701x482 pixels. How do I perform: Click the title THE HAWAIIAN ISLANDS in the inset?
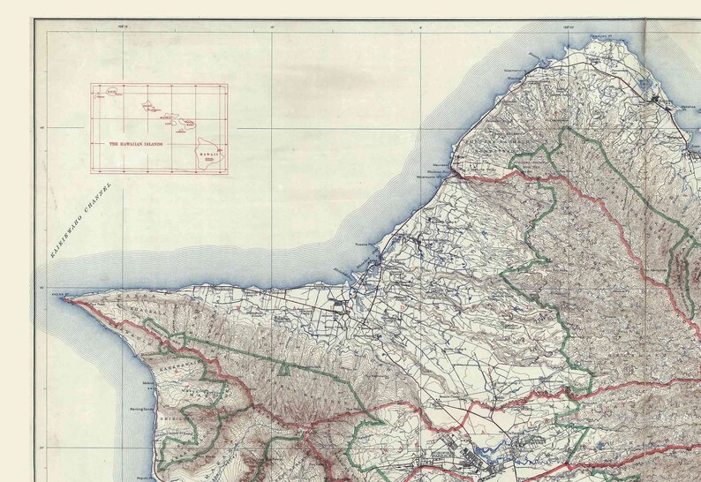(x=139, y=143)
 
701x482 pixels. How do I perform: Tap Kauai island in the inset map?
(x=112, y=91)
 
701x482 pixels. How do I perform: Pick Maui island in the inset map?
(x=188, y=124)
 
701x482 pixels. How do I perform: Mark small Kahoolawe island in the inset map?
(x=180, y=132)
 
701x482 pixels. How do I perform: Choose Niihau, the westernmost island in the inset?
(x=100, y=95)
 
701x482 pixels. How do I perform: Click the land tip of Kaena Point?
(x=65, y=299)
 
